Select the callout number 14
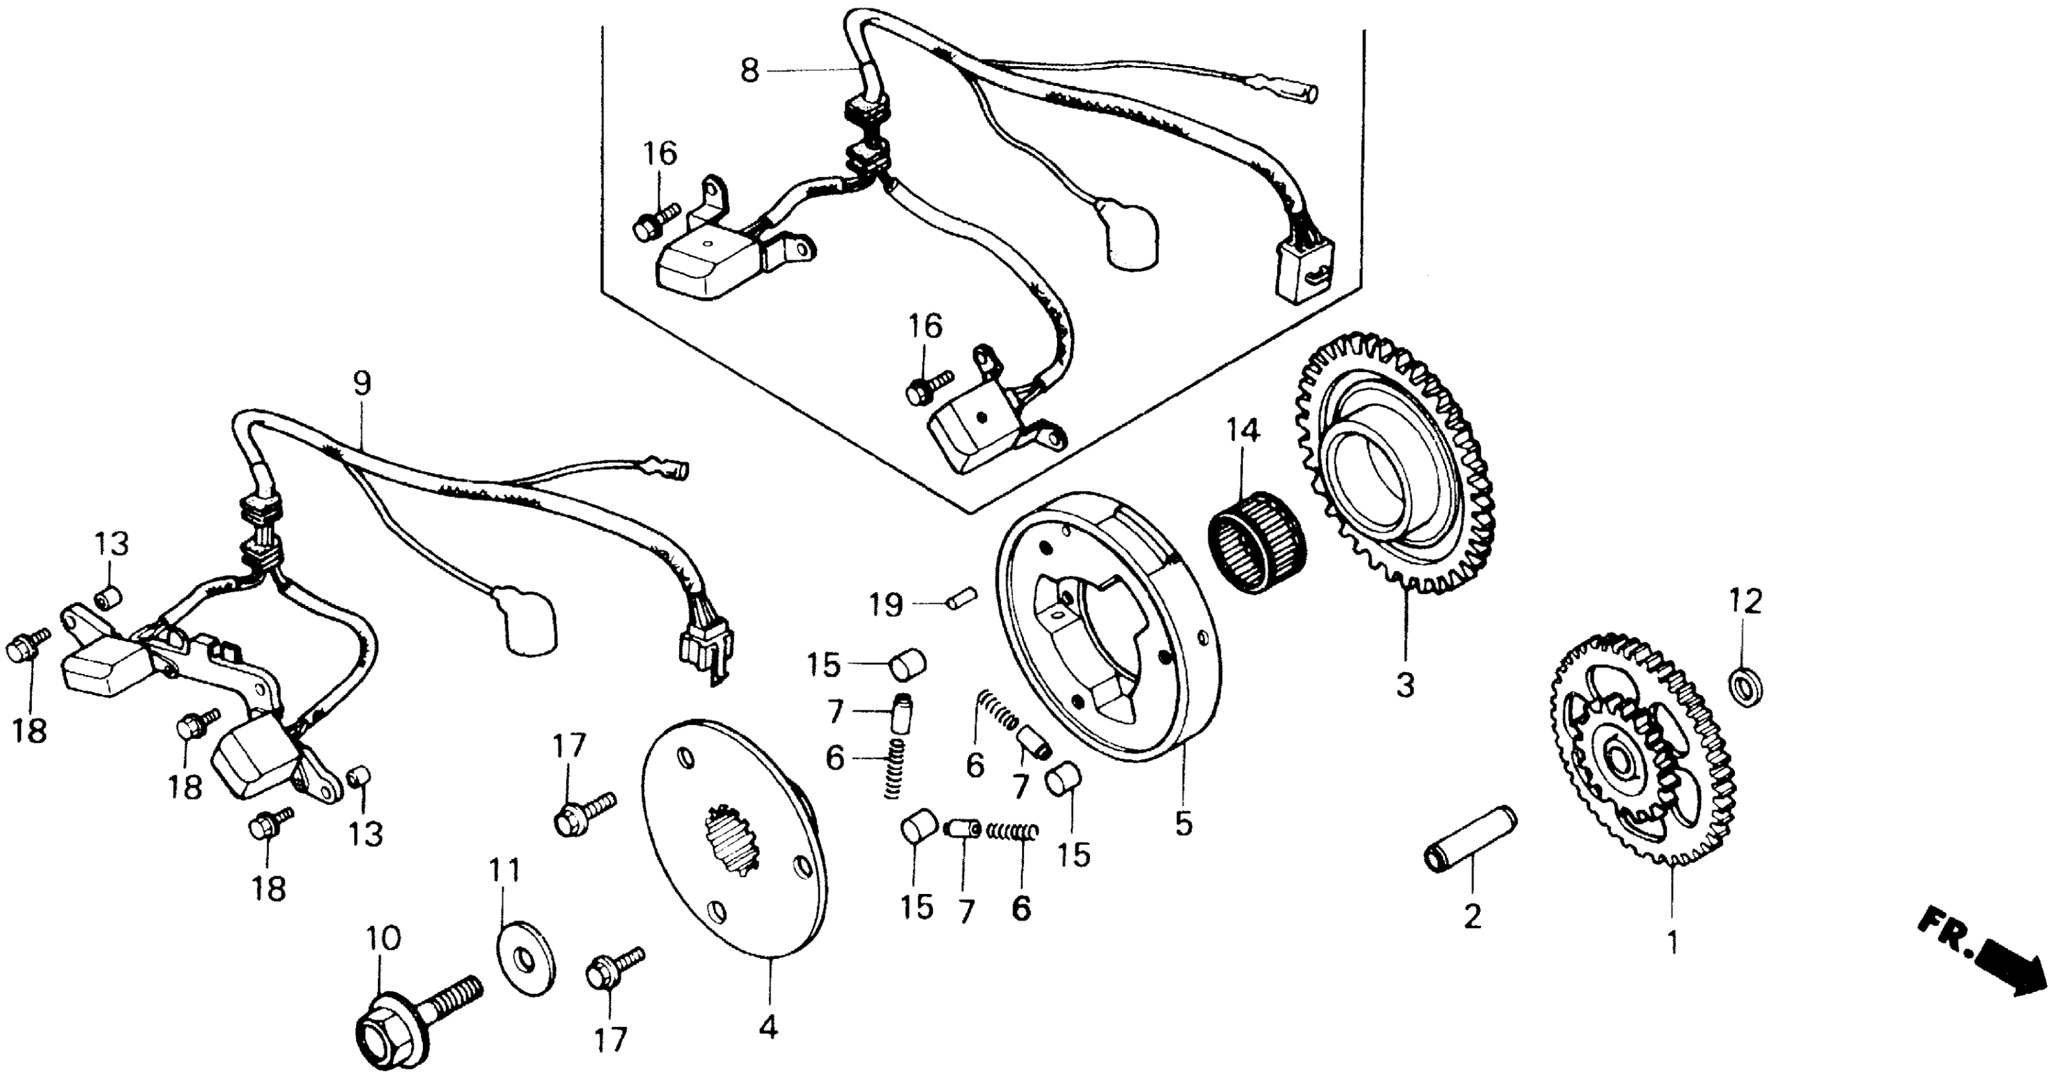tap(1243, 431)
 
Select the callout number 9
tap(362, 383)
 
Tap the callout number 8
tap(749, 71)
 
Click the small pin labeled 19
tap(965, 597)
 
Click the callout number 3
tap(1404, 685)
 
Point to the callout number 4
tap(768, 1028)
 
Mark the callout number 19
tap(886, 605)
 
